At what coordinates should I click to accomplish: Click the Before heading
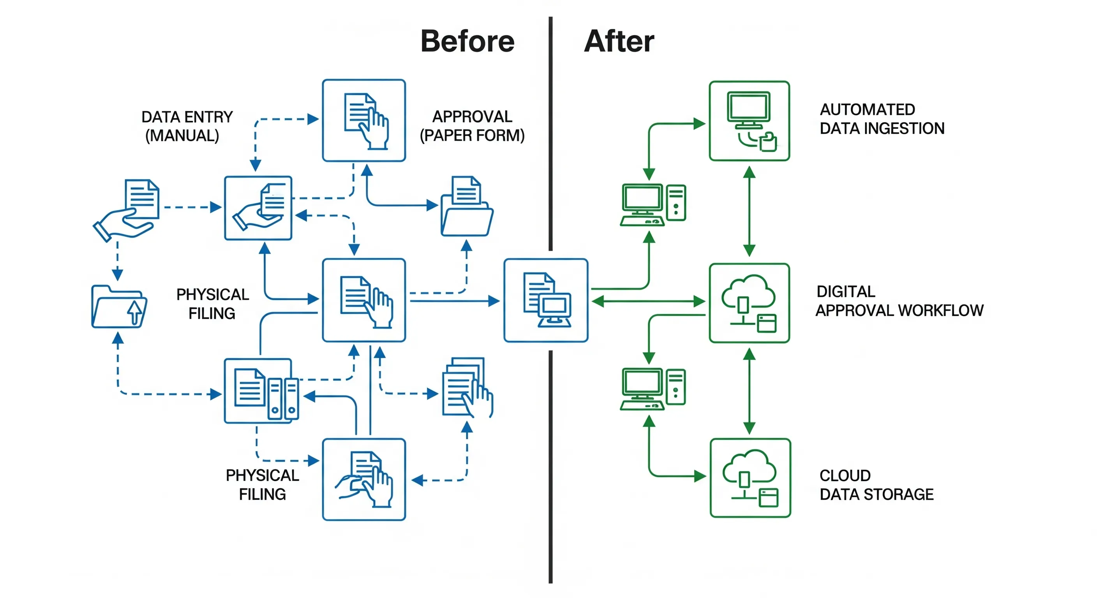(x=467, y=41)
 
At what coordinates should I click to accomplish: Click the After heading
(x=619, y=41)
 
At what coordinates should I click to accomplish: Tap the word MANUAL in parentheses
(x=182, y=136)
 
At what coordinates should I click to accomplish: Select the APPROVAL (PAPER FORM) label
(x=472, y=126)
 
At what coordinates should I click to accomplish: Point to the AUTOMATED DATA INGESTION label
(x=882, y=119)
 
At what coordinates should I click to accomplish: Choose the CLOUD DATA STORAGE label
(x=876, y=485)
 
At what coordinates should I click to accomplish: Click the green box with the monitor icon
(x=749, y=121)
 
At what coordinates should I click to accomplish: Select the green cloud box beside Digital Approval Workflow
(x=749, y=303)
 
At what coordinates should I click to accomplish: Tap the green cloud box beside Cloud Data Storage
(x=750, y=478)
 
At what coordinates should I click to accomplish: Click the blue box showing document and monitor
(x=545, y=300)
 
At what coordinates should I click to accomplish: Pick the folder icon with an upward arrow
(x=119, y=306)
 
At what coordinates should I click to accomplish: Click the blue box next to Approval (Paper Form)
(x=364, y=120)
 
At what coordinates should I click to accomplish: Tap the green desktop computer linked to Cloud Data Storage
(x=653, y=389)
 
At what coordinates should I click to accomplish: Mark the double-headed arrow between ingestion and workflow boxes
(x=749, y=211)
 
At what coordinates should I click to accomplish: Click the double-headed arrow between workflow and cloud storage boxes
(x=749, y=391)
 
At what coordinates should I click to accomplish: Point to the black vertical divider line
(x=550, y=468)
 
